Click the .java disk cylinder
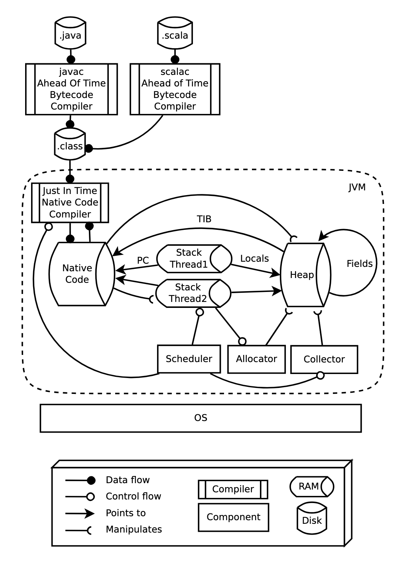71,33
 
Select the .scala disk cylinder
175,33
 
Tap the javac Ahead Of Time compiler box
71,89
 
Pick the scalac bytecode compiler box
175,89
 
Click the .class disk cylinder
70,145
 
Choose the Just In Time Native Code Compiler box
70,203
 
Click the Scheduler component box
189,359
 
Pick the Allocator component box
256,359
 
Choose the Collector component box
324,360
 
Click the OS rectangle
201,418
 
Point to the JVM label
357,187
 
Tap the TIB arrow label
204,219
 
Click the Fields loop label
359,264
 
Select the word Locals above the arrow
254,259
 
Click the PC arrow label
143,260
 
